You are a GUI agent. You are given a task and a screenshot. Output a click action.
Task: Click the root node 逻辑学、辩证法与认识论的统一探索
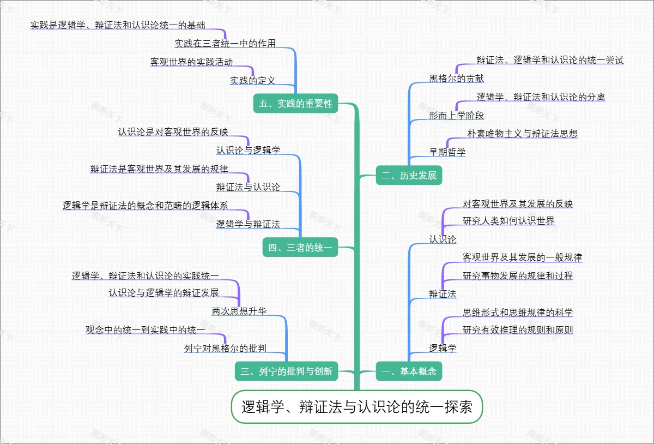357,407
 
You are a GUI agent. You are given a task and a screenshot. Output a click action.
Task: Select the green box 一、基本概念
409,372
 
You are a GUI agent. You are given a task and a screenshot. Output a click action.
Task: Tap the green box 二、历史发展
409,176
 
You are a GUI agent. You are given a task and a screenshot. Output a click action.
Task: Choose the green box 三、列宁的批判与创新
287,372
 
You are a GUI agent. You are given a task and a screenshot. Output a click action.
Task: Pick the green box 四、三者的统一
300,248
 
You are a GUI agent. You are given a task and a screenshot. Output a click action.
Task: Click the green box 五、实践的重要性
296,104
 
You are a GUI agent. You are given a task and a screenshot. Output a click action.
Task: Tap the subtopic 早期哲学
447,152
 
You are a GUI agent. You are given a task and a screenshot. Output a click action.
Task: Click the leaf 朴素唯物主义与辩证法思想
522,133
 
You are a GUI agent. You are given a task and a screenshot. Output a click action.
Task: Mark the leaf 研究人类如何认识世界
508,221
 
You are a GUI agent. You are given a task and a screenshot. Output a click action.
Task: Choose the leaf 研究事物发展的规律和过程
518,276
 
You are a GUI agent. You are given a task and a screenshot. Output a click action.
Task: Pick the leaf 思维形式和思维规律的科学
518,313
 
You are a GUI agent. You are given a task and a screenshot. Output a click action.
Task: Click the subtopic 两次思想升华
239,312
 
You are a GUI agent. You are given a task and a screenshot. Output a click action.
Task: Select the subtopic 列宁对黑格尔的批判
225,349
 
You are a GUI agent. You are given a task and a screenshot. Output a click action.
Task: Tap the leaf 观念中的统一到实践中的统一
146,330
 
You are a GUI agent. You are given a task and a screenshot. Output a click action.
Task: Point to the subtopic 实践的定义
252,81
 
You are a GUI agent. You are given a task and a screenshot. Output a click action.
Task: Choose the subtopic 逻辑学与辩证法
248,224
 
